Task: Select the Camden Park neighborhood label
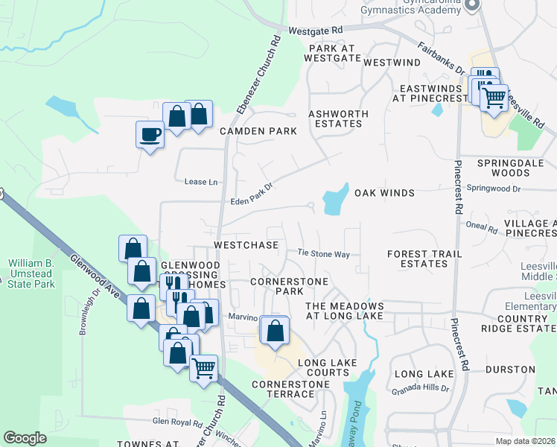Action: point(258,131)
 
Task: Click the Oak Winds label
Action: point(384,193)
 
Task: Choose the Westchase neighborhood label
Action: point(246,244)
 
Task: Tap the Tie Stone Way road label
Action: point(324,254)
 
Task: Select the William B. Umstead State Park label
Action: point(31,273)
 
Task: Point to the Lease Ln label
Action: point(202,182)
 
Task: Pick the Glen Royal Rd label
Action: point(178,422)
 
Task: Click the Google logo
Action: point(25,438)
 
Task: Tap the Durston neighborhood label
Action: point(510,370)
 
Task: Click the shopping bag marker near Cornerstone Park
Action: point(275,330)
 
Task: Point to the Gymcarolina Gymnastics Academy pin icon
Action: point(471,5)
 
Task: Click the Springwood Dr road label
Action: point(495,188)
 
